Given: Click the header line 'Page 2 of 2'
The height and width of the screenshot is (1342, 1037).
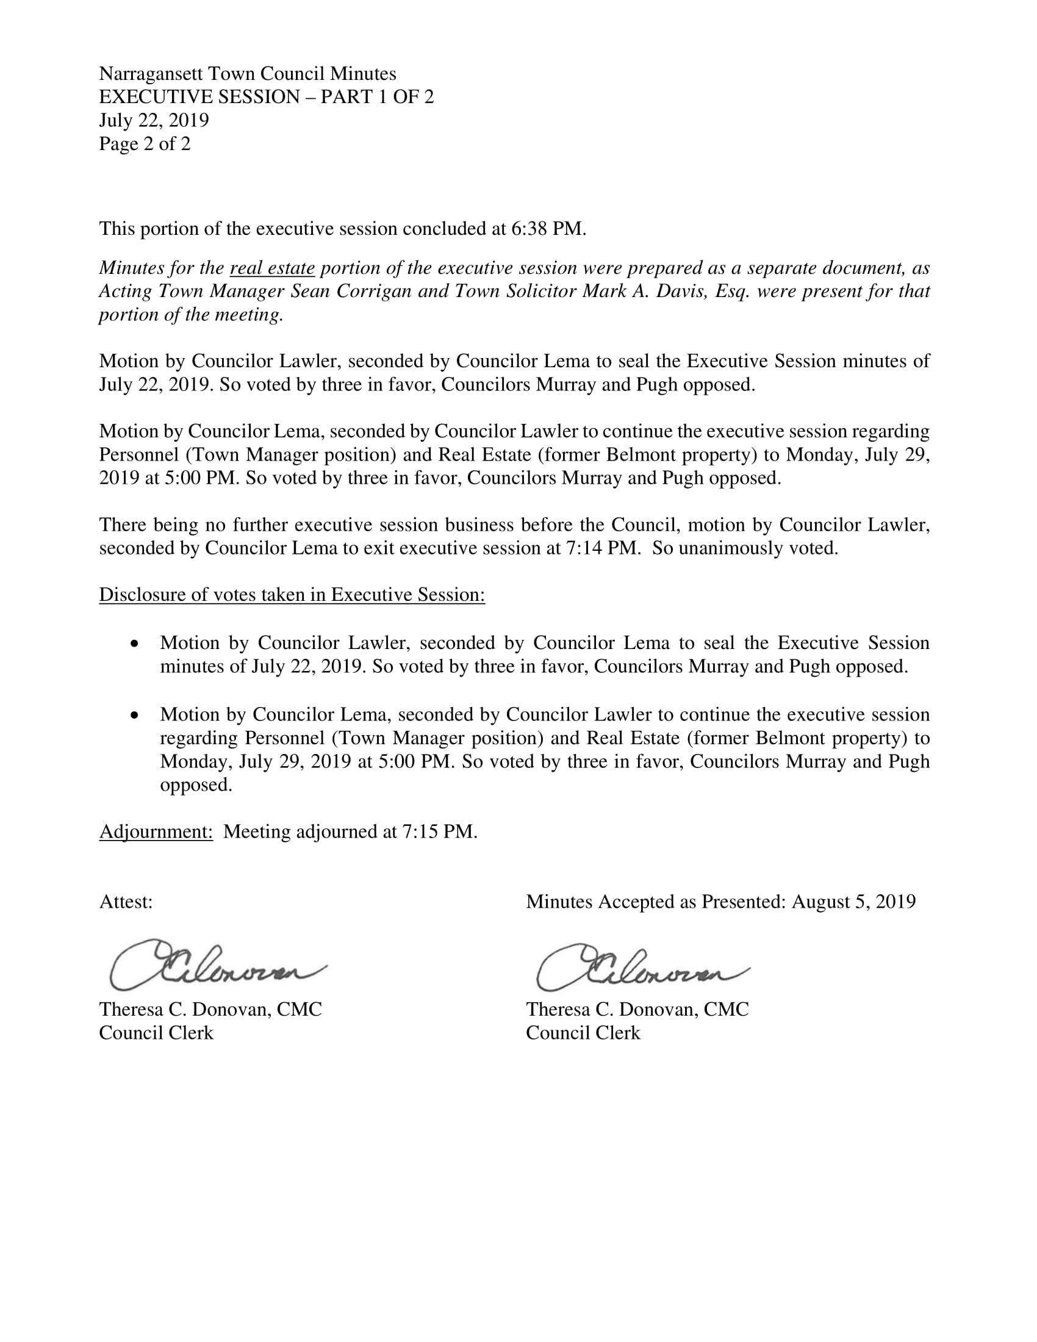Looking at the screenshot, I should tap(145, 145).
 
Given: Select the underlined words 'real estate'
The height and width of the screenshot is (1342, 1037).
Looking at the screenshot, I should tap(272, 268).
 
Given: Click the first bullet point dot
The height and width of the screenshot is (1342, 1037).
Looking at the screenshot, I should tap(135, 644).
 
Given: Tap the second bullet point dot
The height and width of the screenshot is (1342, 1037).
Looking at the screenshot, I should tap(135, 716).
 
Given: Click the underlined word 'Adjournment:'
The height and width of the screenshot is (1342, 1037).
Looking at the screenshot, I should tap(156, 832).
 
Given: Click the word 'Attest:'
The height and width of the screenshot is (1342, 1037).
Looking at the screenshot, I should tap(126, 902).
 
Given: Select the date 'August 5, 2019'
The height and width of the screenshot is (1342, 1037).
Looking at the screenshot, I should tap(853, 902).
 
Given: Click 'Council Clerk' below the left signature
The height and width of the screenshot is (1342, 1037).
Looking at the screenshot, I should tap(156, 1033).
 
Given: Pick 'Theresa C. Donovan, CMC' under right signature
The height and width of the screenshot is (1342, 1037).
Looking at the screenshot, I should tap(637, 1010).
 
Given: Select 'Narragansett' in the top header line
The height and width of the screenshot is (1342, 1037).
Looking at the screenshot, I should tap(151, 74).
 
